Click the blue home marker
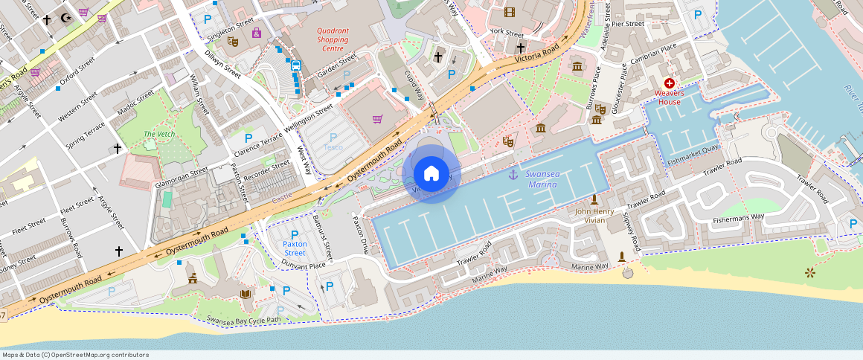(x=431, y=174)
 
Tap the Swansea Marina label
(x=542, y=179)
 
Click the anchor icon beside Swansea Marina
(x=513, y=174)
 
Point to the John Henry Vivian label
(x=594, y=215)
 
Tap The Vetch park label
(x=158, y=134)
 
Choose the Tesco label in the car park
(x=333, y=147)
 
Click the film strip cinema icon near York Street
(x=509, y=12)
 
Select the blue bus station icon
(x=295, y=65)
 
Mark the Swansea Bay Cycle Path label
(x=244, y=320)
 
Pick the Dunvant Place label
(x=304, y=265)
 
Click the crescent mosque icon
(x=65, y=16)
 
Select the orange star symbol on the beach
(x=810, y=273)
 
